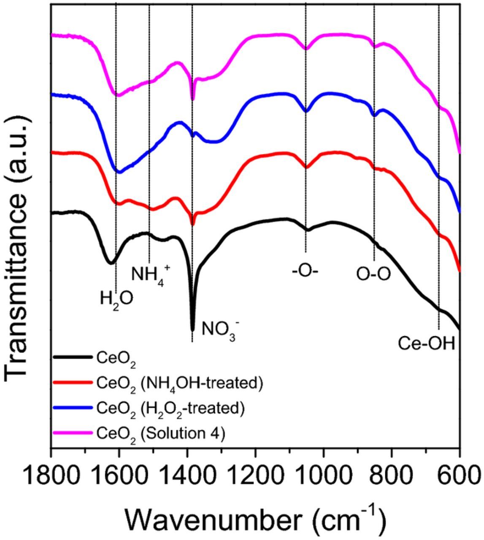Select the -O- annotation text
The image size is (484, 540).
(x=305, y=270)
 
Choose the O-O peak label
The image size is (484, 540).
(x=373, y=274)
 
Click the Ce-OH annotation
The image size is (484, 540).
(x=427, y=344)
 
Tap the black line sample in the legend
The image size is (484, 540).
(x=73, y=357)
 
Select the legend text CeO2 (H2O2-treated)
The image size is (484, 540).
(x=170, y=408)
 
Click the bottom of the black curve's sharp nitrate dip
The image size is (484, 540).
(x=193, y=329)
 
